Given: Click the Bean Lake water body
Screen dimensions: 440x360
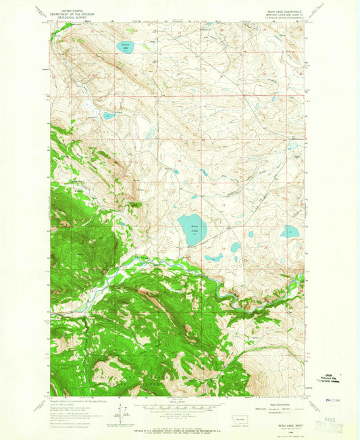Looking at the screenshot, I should (188, 230).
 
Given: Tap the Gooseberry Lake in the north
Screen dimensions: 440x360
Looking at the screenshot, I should (124, 47).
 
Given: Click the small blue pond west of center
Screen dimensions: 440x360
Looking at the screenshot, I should (109, 116).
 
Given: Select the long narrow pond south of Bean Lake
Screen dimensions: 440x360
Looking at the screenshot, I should (214, 258).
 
